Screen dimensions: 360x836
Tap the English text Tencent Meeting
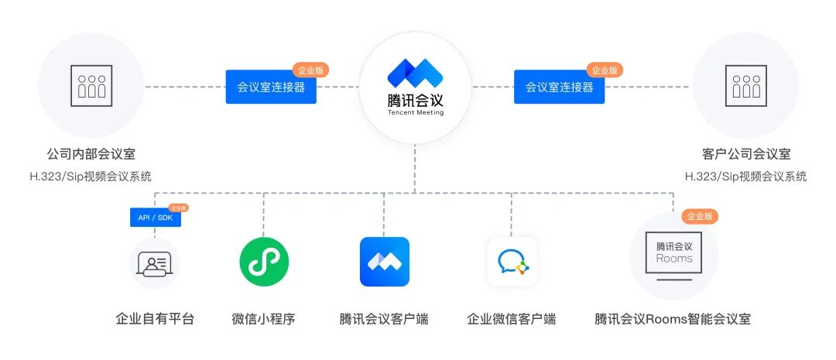click(416, 112)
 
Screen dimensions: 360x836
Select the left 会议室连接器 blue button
click(271, 87)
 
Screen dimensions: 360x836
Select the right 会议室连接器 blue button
click(560, 87)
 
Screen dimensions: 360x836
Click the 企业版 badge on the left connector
click(310, 70)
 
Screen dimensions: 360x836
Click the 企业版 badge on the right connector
click(605, 70)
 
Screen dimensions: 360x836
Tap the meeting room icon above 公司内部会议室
click(91, 85)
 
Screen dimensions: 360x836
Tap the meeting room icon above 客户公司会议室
click(746, 85)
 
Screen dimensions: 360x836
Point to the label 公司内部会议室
click(91, 155)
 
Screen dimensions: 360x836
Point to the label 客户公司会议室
click(746, 155)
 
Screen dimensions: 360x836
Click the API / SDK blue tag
click(155, 218)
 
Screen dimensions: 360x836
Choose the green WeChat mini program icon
click(264, 262)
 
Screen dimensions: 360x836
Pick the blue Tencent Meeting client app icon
click(385, 262)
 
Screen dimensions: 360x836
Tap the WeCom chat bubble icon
click(512, 262)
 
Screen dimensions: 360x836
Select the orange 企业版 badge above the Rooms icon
click(700, 217)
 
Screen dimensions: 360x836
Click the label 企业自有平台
click(155, 319)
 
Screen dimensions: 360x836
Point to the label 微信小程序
click(264, 319)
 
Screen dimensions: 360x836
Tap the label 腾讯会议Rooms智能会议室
click(673, 319)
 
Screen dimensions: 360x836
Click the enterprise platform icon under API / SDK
click(155, 263)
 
